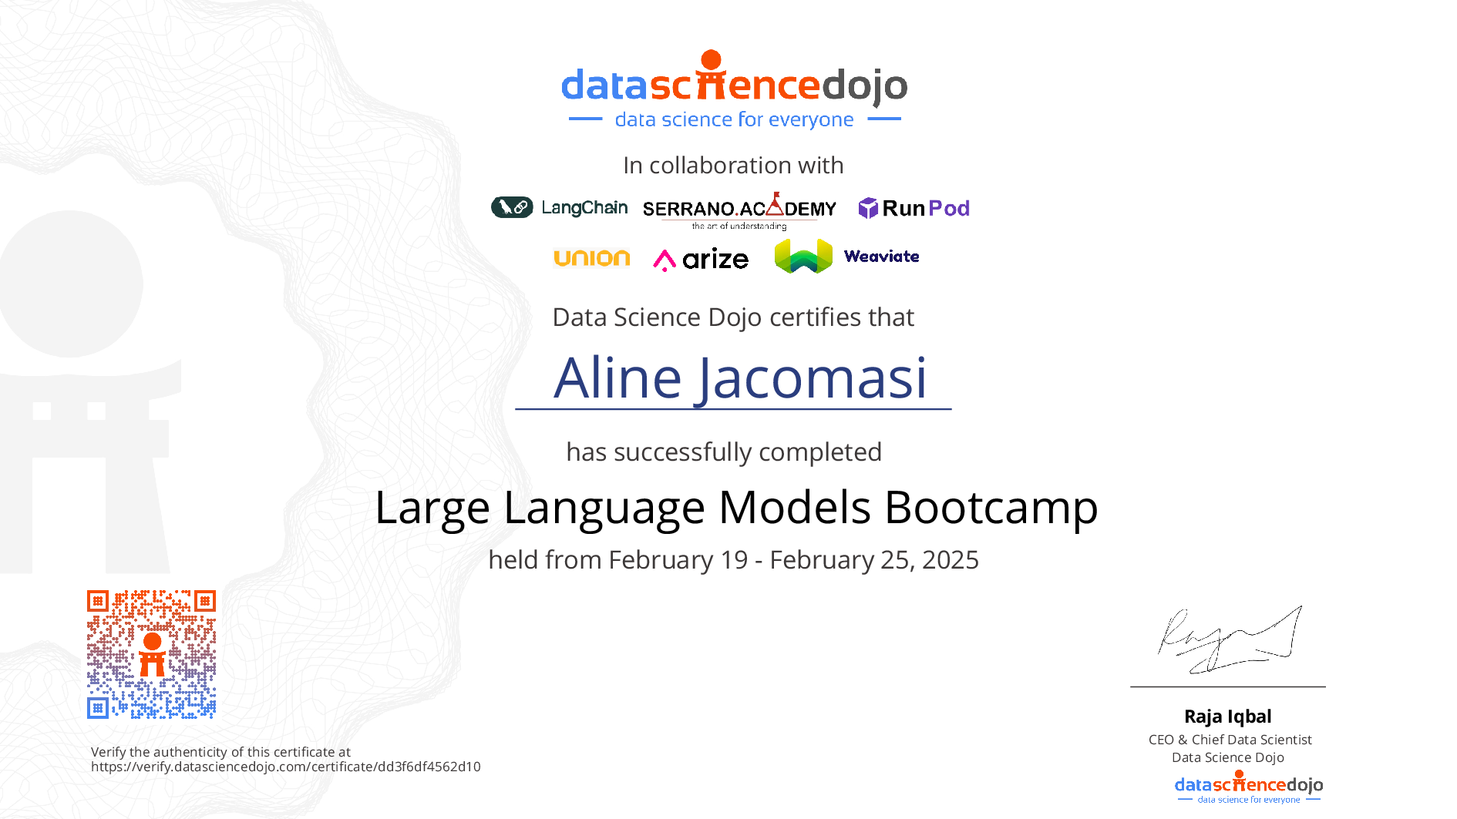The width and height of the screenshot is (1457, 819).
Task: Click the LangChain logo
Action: tap(560, 207)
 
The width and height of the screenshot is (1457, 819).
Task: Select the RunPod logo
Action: tap(914, 208)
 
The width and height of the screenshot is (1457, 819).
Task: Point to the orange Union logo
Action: tap(592, 258)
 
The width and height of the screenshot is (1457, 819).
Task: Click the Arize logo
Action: tap(701, 259)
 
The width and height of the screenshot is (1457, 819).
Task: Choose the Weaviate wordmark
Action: tap(881, 257)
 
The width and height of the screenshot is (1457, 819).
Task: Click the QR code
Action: tap(151, 654)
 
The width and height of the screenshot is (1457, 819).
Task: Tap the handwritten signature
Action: tap(1230, 639)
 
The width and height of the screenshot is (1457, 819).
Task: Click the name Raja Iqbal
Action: tap(1228, 717)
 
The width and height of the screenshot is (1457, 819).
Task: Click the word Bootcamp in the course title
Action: tap(991, 509)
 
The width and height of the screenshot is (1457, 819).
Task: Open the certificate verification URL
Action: tap(286, 767)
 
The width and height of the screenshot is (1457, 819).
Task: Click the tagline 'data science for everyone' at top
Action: tap(735, 119)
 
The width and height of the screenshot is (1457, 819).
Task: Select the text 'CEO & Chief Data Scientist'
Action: tap(1230, 740)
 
